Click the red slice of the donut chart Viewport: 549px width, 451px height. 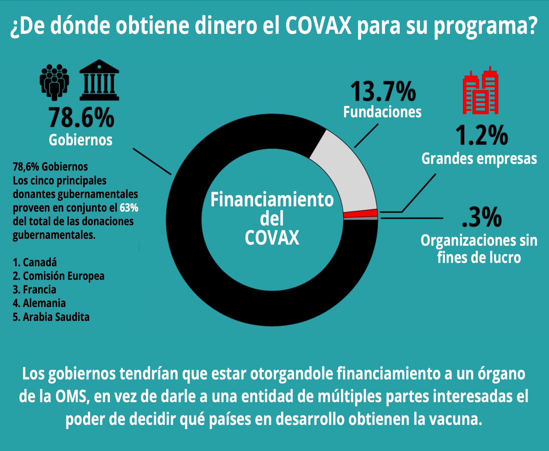tap(360, 213)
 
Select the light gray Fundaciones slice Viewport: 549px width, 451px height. tap(347, 175)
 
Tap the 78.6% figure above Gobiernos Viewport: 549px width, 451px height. tap(81, 118)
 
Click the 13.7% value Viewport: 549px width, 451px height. tap(383, 92)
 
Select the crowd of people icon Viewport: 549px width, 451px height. tap(54, 82)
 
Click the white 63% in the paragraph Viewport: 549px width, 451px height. tap(129, 208)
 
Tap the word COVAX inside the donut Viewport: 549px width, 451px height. tap(272, 238)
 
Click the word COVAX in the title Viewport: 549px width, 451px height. tap(318, 26)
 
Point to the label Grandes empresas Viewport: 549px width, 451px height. tap(479, 159)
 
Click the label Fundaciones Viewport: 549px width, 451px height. tap(382, 112)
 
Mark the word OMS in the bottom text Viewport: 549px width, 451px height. tap(71, 396)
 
